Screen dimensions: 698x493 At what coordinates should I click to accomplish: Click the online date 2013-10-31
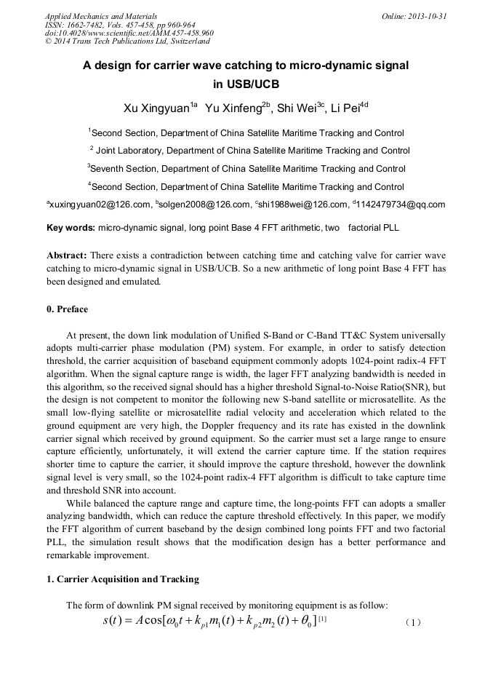click(428, 16)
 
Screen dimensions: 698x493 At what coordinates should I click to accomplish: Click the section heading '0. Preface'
click(67, 309)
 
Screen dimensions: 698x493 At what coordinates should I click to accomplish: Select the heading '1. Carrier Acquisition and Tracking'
click(123, 579)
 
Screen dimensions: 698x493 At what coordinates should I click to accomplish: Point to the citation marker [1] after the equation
click(322, 619)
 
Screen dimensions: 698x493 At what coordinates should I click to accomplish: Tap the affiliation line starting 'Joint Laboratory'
click(250, 151)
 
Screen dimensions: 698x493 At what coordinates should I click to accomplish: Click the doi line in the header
click(129, 33)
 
